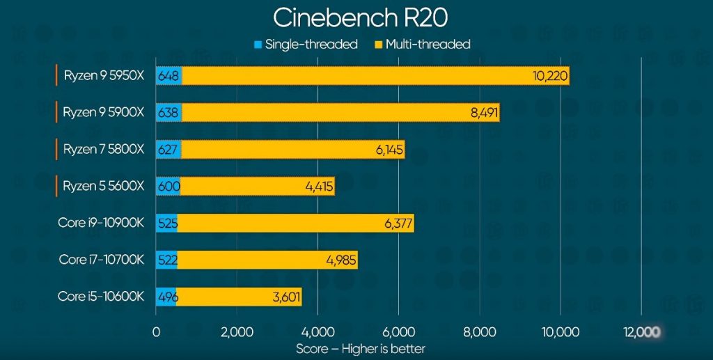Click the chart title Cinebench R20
(356, 17)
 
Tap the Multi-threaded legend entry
(423, 45)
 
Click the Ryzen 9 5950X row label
(104, 75)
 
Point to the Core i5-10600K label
(102, 297)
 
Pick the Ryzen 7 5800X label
(104, 149)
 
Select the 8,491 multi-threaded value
(485, 113)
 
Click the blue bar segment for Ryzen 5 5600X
(168, 186)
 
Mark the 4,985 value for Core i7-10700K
(341, 260)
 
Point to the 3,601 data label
(285, 297)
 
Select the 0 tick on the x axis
(156, 332)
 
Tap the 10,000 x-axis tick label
(560, 332)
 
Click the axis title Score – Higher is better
(361, 348)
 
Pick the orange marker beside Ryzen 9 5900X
(56, 112)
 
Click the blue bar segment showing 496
(166, 297)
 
